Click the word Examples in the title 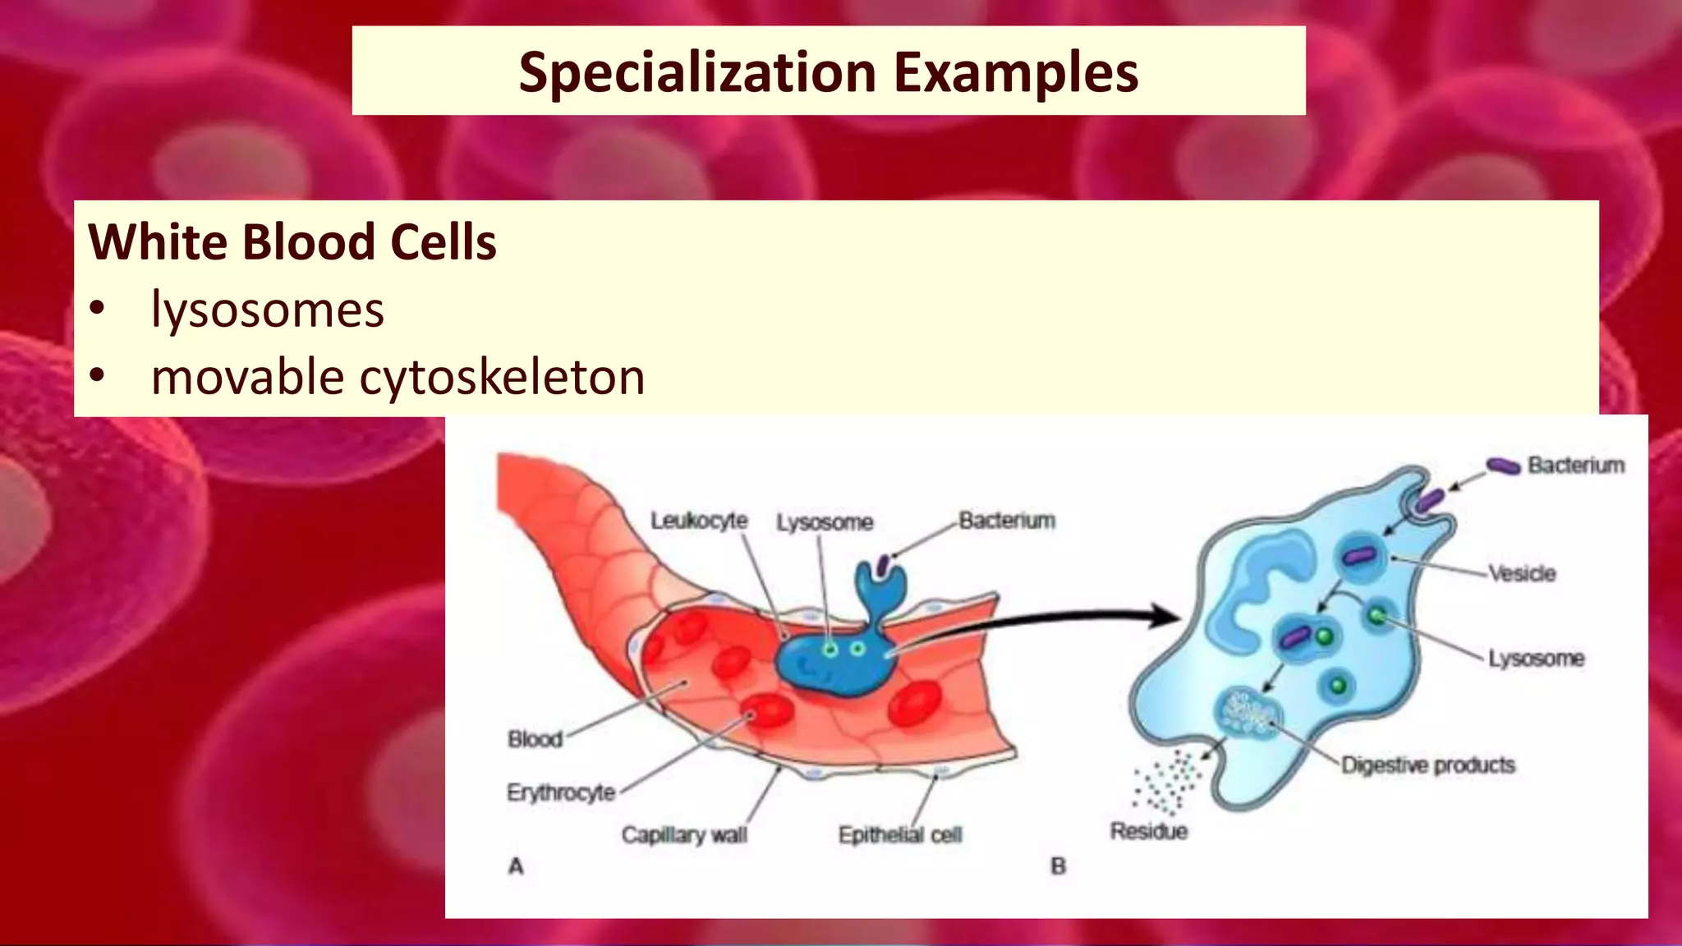tap(1016, 72)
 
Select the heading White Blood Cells tap(292, 242)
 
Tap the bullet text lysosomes tap(267, 310)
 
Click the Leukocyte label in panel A tap(699, 521)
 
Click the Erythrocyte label tap(561, 792)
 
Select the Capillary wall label tap(684, 835)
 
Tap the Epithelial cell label tap(900, 835)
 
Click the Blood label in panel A tap(535, 739)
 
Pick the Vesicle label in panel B tap(1523, 573)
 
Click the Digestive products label tap(1428, 765)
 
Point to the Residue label tap(1149, 831)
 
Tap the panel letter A tap(516, 866)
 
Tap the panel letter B tap(1058, 866)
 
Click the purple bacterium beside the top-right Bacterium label tap(1503, 466)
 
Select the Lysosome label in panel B tap(1536, 658)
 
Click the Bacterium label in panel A tap(1007, 521)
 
